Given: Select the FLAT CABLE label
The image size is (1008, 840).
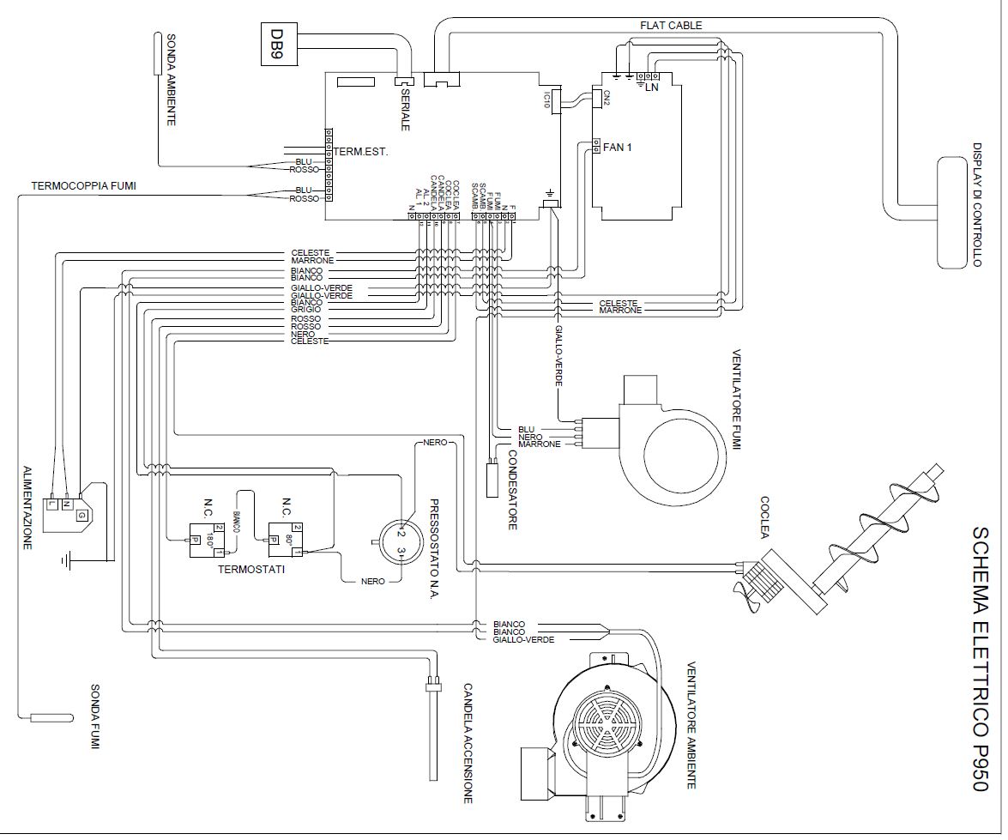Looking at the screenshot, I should tap(670, 26).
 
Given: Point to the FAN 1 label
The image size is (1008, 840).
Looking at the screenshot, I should tap(618, 148).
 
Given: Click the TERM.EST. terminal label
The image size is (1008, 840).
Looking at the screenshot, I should tap(361, 152).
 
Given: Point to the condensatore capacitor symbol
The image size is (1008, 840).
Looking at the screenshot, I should tap(492, 477).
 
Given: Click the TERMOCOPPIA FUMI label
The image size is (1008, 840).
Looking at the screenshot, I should tap(84, 185).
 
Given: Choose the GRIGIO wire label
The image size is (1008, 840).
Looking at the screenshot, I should tap(306, 310).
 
